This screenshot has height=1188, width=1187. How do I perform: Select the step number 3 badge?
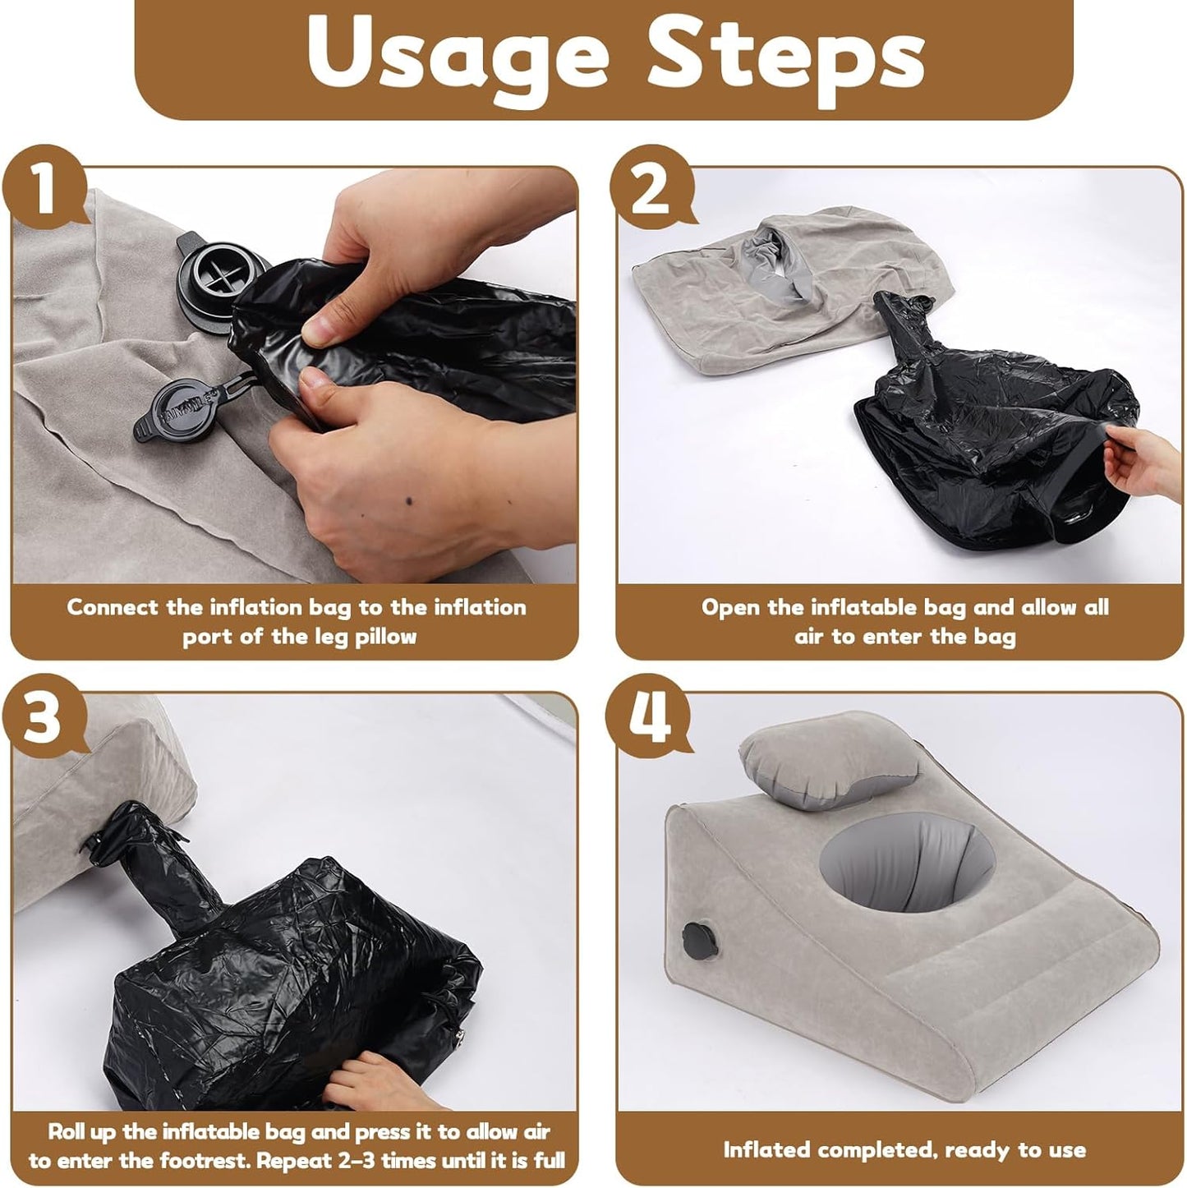[44, 716]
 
